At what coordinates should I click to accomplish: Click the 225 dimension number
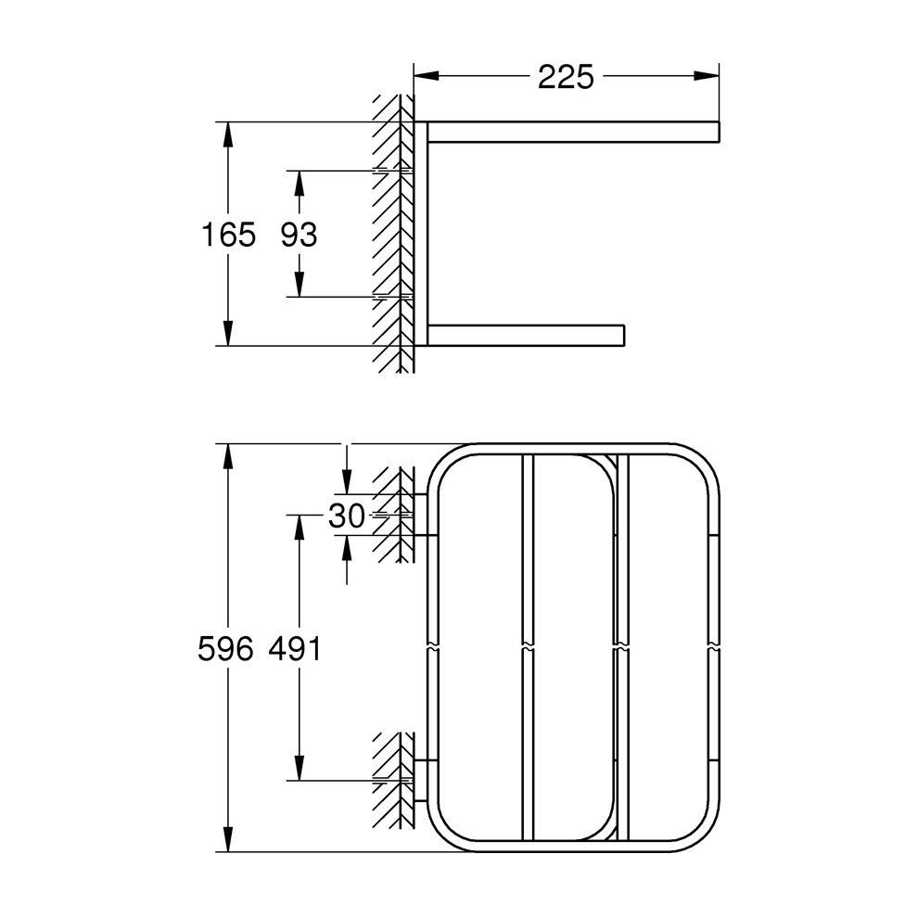tap(565, 77)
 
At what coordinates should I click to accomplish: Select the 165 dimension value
tap(228, 235)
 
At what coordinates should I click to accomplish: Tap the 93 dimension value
tap(299, 235)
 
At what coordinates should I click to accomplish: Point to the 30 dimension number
tap(347, 516)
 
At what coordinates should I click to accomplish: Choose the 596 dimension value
tap(225, 650)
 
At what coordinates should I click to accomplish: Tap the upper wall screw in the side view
tap(393, 171)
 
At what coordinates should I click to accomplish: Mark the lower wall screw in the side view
tap(393, 297)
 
